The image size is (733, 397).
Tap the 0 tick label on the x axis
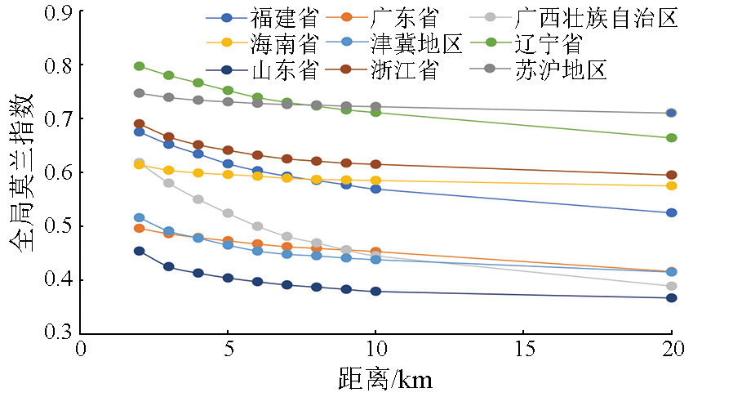[x=81, y=350]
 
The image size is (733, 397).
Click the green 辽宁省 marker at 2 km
[x=140, y=66]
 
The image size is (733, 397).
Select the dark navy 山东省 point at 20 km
[x=671, y=298]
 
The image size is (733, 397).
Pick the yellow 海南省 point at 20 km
[x=671, y=185]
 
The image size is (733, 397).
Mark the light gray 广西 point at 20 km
[x=671, y=287]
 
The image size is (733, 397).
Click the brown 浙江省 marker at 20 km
[x=671, y=175]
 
